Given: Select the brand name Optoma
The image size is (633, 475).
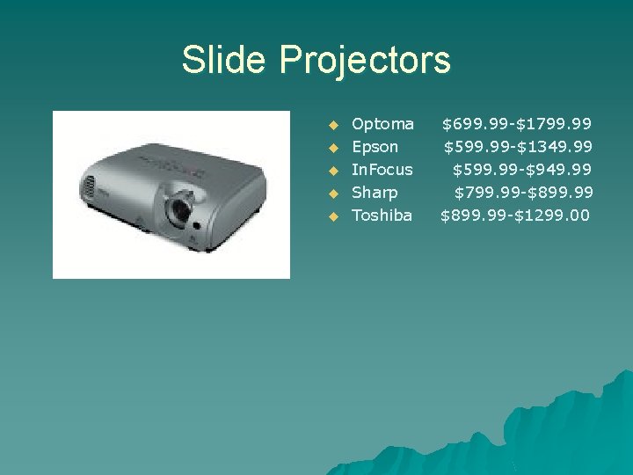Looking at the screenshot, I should pos(382,124).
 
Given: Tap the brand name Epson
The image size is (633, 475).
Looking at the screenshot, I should pos(375,147).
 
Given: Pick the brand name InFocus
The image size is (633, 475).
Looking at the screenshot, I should pos(382,169).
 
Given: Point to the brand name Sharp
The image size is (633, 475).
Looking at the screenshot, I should pos(375,192).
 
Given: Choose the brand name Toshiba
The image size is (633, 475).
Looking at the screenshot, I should pos(382,215).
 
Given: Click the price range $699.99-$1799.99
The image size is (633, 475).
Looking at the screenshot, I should pos(516,124).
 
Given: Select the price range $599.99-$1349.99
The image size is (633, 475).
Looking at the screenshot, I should pos(517,147).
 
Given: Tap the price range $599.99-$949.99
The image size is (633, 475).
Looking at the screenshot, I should pos(521,169).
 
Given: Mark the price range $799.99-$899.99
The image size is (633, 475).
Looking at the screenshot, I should pos(523,192).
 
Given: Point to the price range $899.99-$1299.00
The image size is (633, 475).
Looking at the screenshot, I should pos(515,215).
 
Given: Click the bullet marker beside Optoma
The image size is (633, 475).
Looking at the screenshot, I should pos(332,125).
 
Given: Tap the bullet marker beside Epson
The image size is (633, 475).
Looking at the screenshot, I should pos(332,148).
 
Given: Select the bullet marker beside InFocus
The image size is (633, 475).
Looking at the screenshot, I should pos(332,170).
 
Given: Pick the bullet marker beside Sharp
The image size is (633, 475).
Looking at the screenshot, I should pos(332,193).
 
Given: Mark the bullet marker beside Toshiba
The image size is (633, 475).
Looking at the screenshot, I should pos(332,216).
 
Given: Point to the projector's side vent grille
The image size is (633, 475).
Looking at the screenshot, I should pos(88,187).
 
